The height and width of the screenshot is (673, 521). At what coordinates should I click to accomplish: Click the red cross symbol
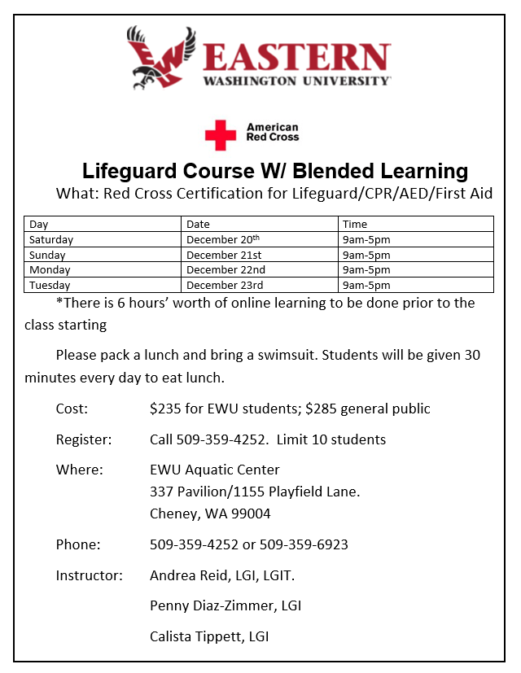point(220,135)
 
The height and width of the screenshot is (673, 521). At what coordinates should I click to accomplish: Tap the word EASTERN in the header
point(296,58)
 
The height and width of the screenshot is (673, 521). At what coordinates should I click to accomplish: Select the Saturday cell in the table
point(51,240)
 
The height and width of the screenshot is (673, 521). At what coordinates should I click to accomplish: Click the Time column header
point(355,224)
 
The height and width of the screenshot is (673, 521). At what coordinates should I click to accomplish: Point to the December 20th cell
point(222,240)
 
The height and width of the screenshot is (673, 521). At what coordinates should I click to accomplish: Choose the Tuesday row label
point(50,286)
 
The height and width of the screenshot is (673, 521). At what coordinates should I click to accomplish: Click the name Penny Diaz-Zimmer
point(212,606)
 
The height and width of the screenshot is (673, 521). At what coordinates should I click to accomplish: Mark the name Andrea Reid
point(183,575)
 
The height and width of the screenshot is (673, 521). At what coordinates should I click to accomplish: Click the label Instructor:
point(89,575)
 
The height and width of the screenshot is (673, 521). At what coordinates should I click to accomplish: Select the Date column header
point(198,224)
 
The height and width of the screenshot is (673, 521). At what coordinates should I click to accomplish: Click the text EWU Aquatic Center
point(215,470)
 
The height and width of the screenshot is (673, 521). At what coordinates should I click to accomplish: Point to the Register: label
point(83,439)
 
